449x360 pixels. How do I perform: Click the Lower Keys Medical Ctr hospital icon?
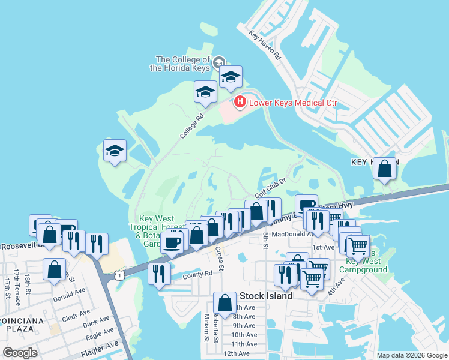coord(240,103)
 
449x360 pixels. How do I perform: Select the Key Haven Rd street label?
coord(265,46)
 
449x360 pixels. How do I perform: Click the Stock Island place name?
coord(266,296)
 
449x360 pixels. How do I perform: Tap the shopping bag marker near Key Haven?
coord(384,169)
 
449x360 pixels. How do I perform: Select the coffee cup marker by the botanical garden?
coord(172,242)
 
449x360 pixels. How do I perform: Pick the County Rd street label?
coord(198,274)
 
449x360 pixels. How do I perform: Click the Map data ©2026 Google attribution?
coord(411,355)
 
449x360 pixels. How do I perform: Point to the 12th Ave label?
coord(237,353)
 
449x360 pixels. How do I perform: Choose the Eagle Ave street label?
coord(100,332)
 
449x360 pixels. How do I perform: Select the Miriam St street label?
coord(206,336)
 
